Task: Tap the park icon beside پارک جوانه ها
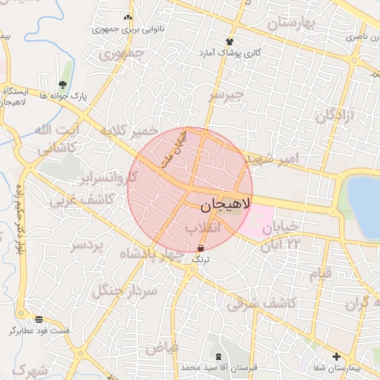(x=62, y=85)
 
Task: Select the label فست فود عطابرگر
(x=39, y=330)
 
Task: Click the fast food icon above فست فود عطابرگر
(x=39, y=319)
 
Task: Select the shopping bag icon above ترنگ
(x=201, y=249)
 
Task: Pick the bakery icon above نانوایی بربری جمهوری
(x=128, y=17)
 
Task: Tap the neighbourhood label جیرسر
(x=226, y=95)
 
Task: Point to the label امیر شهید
(x=272, y=158)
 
